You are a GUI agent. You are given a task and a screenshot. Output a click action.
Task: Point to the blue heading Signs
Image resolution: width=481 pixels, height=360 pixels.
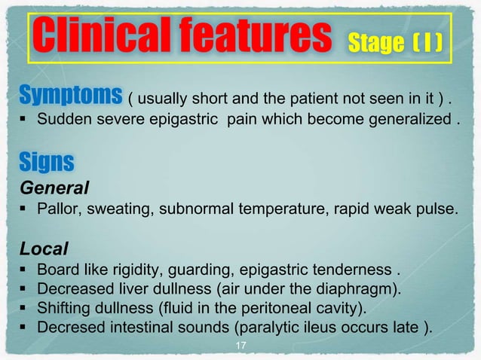click(47, 162)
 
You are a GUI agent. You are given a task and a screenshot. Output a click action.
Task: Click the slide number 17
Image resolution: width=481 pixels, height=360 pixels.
click(241, 346)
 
